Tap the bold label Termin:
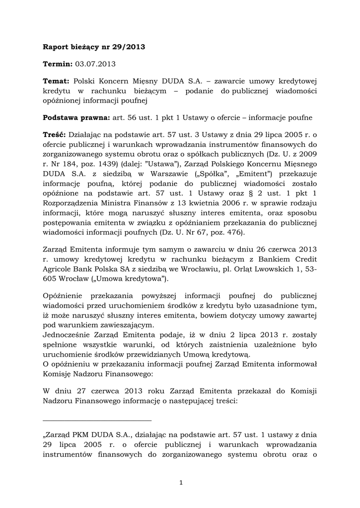point(58,64)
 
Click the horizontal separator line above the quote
point(97,420)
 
